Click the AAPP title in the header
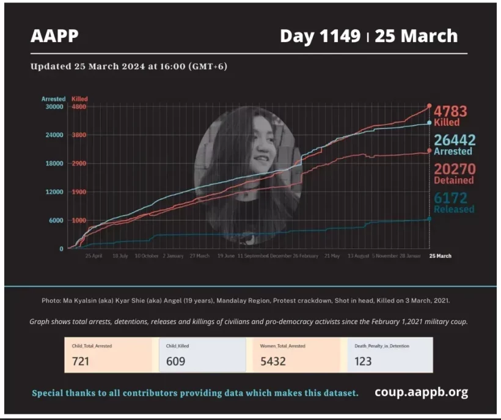(54, 35)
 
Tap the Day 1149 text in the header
(320, 36)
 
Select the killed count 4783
(450, 111)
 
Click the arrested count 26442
(454, 140)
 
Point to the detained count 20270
(454, 169)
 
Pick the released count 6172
(450, 197)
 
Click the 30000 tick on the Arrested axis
(55, 106)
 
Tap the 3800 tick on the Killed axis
(79, 135)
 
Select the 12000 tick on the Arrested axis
(55, 192)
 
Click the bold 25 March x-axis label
(440, 256)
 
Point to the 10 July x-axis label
(120, 256)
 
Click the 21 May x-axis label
(332, 256)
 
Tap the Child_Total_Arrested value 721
(81, 361)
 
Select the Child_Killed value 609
(175, 361)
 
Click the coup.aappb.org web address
(421, 392)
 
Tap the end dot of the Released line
(430, 218)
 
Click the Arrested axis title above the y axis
(53, 98)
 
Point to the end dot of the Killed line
(430, 106)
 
